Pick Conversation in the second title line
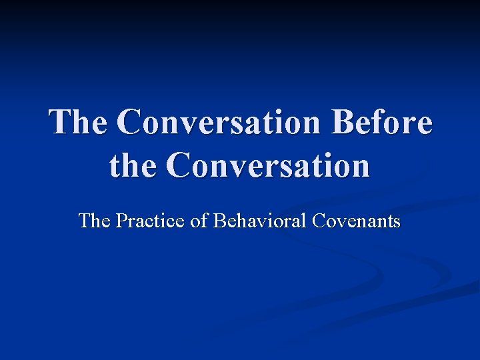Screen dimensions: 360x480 pos(269,165)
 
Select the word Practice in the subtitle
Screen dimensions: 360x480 pos(151,220)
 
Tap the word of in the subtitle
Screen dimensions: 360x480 pos(199,220)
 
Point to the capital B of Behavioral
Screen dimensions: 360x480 pos(219,221)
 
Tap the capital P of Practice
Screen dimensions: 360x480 pos(121,221)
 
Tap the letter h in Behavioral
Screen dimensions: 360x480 pos(239,220)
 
